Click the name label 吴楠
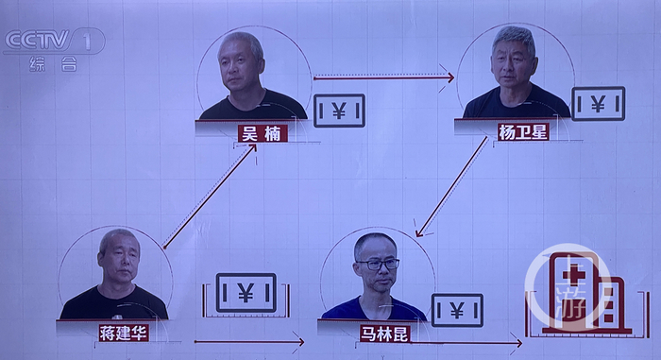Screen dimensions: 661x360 coord(262,133)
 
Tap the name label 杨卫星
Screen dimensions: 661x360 coord(522,132)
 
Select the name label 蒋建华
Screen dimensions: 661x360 coord(124,333)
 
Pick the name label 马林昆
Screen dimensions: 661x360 coord(385,333)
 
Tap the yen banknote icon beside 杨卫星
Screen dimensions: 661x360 coord(598,104)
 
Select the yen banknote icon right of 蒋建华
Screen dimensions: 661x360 coord(246,294)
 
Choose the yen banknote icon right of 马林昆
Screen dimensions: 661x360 coord(457,310)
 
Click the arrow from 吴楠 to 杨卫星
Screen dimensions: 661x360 coord(382,77)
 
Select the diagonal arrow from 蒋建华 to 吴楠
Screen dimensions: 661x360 coord(210,196)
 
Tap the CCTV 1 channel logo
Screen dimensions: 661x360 coord(53,41)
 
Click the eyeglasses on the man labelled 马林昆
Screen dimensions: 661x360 coord(376,265)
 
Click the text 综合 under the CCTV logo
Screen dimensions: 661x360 coord(54,64)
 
